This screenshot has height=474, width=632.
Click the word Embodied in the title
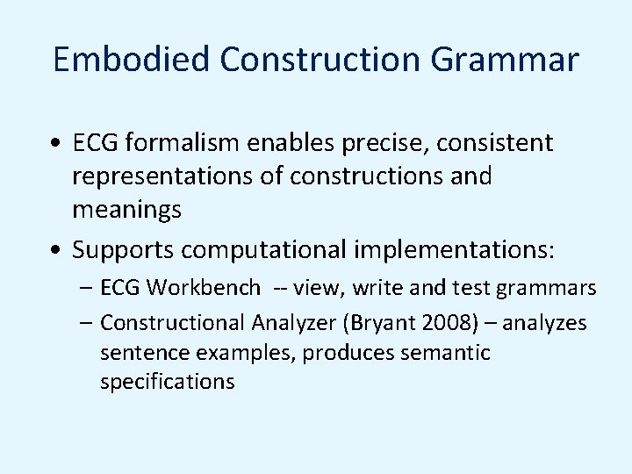click(x=133, y=60)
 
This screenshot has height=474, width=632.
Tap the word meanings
click(x=127, y=210)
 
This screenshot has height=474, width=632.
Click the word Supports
click(x=123, y=250)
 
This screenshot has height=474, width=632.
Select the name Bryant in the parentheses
click(x=378, y=323)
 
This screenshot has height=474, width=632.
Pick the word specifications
click(x=168, y=383)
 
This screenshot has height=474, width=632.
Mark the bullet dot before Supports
click(x=56, y=251)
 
